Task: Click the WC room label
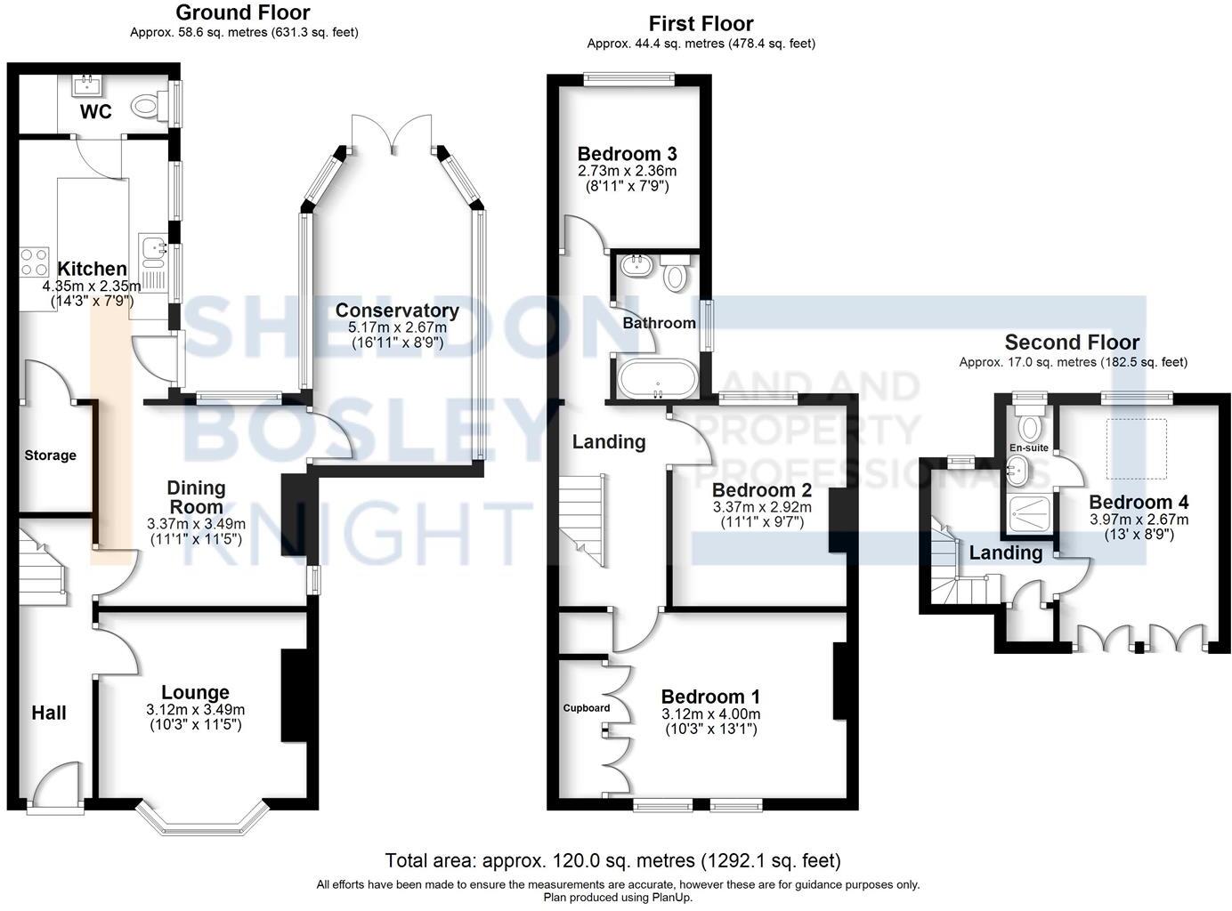pos(95,111)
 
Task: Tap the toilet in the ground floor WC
pos(147,107)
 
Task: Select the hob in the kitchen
pos(35,262)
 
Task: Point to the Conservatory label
pos(397,310)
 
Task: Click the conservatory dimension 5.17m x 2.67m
pos(397,327)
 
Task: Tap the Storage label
pos(50,455)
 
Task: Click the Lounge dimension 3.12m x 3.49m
pos(195,710)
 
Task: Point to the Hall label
pos(49,713)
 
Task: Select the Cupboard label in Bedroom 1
pos(587,708)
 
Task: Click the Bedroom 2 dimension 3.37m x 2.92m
pos(761,507)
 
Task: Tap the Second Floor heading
pos(1072,343)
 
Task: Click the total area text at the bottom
pos(612,860)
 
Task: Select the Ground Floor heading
pos(243,12)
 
